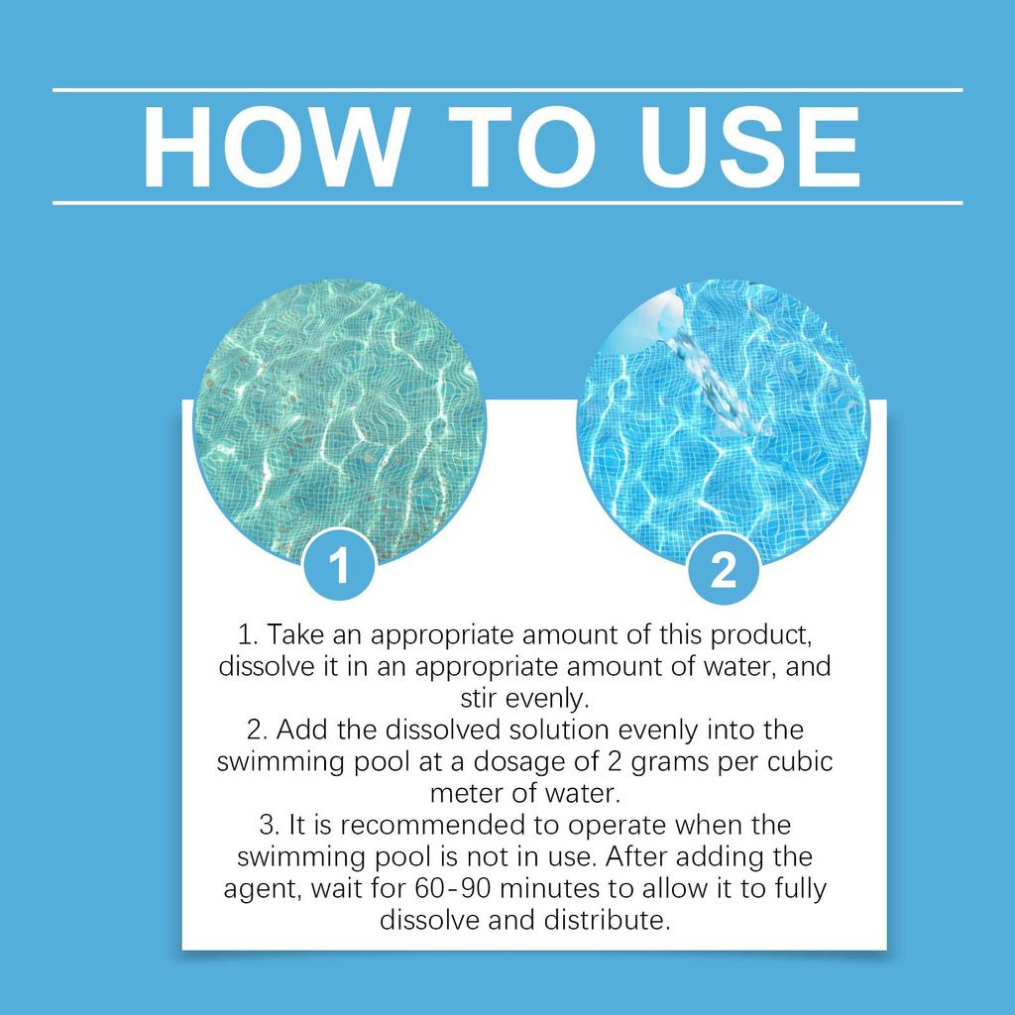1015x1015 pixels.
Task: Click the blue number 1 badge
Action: point(339,568)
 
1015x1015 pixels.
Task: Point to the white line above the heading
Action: point(507,89)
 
